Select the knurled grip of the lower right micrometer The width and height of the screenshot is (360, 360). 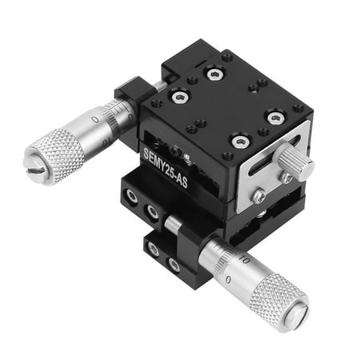276,299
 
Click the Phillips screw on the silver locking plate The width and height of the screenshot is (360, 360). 258,194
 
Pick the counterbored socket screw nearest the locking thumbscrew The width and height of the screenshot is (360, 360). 275,118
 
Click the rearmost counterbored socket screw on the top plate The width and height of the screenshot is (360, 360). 214,74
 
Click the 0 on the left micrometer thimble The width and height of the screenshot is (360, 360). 95,121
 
